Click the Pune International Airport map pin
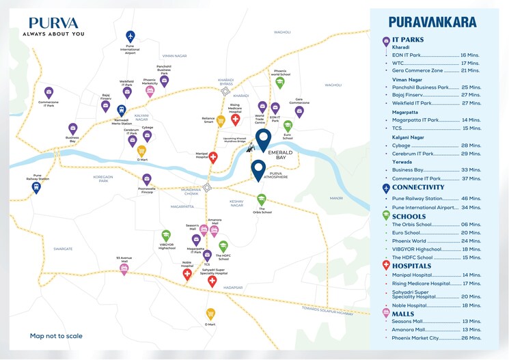click(130, 36)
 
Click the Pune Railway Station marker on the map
click(36, 187)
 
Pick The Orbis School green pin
click(261, 199)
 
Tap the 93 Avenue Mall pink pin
click(124, 269)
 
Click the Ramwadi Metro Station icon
click(122, 110)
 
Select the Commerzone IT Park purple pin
click(49, 92)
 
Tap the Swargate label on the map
click(63, 249)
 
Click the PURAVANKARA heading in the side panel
click(432, 23)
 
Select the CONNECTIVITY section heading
click(418, 187)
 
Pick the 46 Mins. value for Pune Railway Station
click(471, 198)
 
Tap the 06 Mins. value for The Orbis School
click(471, 225)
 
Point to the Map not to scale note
click(56, 336)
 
